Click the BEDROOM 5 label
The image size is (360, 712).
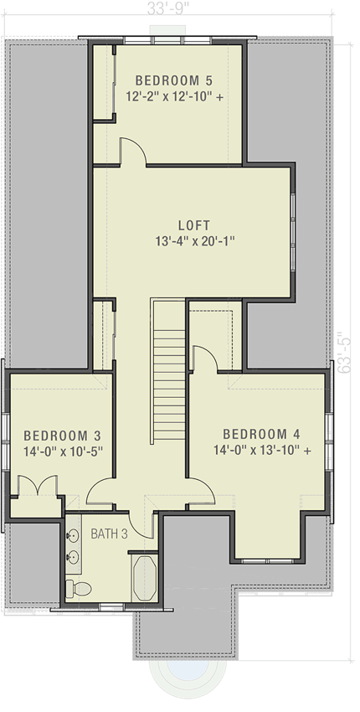pos(173,80)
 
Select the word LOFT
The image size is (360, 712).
pos(193,225)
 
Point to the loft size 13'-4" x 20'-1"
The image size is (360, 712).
pos(193,241)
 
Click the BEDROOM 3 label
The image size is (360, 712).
pos(62,436)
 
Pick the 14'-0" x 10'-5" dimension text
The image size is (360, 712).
pos(62,451)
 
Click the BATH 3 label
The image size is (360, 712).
pos(109,534)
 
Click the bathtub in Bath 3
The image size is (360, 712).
pos(146,578)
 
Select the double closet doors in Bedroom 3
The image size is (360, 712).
pos(37,488)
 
